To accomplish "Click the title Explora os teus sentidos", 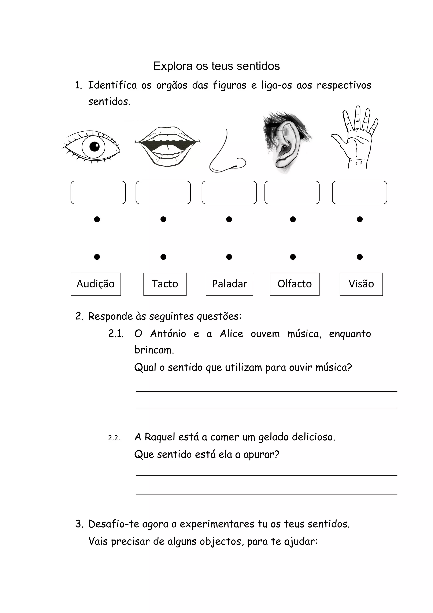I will pyautogui.click(x=216, y=66).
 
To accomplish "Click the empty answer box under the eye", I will pyautogui.click(x=98, y=192).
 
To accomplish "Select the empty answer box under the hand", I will pyautogui.click(x=359, y=192).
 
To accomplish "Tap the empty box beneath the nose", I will pyautogui.click(x=229, y=192).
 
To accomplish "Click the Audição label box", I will pyautogui.click(x=96, y=284).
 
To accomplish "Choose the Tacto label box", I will pyautogui.click(x=165, y=284).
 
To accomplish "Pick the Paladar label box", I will pyautogui.click(x=229, y=284).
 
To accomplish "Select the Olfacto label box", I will pyautogui.click(x=295, y=284).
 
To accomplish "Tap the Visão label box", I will pyautogui.click(x=361, y=284).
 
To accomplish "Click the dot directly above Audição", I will pyautogui.click(x=97, y=257).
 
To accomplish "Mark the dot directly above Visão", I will pyautogui.click(x=360, y=257).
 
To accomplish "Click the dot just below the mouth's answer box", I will pyautogui.click(x=163, y=219).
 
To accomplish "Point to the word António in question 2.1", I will pyautogui.click(x=168, y=334).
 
